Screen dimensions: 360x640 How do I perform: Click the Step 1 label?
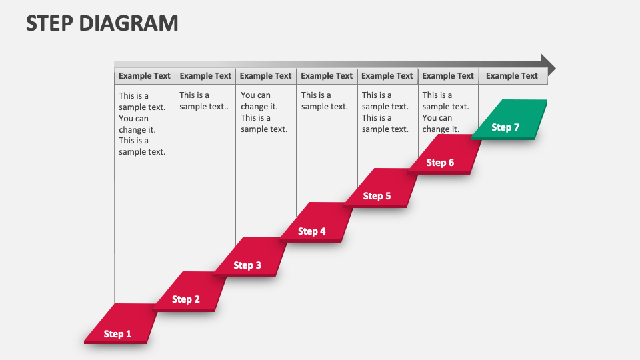(118, 334)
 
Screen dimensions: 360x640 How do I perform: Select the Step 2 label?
(186, 299)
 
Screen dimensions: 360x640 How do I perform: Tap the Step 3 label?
(247, 265)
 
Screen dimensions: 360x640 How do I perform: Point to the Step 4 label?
(312, 231)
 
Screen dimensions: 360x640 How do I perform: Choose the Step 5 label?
(377, 196)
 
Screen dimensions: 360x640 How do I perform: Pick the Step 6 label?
(441, 163)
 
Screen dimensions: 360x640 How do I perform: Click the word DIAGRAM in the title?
(129, 23)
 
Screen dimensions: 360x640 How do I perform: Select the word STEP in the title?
(50, 23)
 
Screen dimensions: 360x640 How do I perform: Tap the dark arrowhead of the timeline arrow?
(547, 64)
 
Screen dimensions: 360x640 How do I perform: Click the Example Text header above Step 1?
(145, 76)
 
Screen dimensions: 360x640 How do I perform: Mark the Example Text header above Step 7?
(512, 76)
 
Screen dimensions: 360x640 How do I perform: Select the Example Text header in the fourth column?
(327, 76)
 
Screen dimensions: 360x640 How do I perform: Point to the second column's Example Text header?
(205, 76)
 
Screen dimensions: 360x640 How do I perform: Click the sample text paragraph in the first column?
(142, 123)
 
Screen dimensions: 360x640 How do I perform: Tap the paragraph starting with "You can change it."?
(264, 112)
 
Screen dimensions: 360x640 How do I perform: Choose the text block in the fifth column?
(385, 112)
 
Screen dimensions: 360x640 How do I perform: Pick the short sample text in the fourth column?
(325, 101)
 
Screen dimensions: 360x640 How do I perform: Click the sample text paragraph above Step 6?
(445, 112)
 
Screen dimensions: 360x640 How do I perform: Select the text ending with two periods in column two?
(204, 101)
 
